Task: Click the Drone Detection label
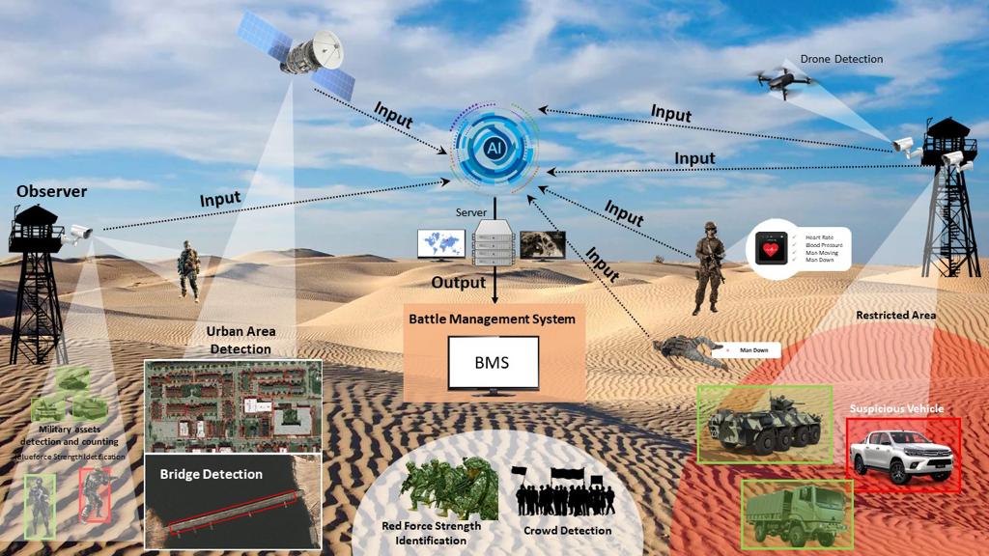[841, 59]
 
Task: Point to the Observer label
[51, 192]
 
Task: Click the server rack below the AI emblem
[494, 244]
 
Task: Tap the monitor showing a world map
[440, 244]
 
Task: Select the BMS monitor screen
[493, 363]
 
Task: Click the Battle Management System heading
[492, 319]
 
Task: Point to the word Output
[459, 283]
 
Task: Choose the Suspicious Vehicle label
[896, 409]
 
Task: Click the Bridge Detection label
[211, 474]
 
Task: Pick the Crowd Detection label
[567, 530]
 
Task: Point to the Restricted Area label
[895, 316]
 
